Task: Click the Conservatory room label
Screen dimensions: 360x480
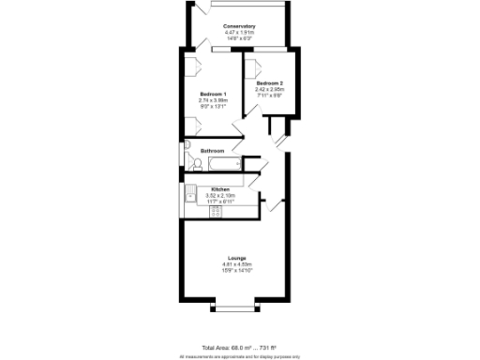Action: (240, 26)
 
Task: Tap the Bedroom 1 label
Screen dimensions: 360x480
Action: (214, 93)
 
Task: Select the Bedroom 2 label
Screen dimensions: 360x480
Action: (270, 83)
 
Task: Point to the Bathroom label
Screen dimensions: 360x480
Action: (212, 151)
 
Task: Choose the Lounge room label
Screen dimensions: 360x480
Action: (237, 258)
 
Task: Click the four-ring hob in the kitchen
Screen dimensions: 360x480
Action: (217, 211)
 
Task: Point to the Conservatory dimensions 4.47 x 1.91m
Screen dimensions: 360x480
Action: (240, 33)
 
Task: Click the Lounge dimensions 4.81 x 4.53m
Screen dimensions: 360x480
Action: (237, 264)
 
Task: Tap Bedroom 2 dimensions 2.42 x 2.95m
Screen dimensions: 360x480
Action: (270, 89)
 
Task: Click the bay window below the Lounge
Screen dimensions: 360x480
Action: (235, 307)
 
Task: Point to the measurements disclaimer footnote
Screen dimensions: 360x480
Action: (240, 356)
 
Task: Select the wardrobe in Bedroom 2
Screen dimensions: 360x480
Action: (251, 67)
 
